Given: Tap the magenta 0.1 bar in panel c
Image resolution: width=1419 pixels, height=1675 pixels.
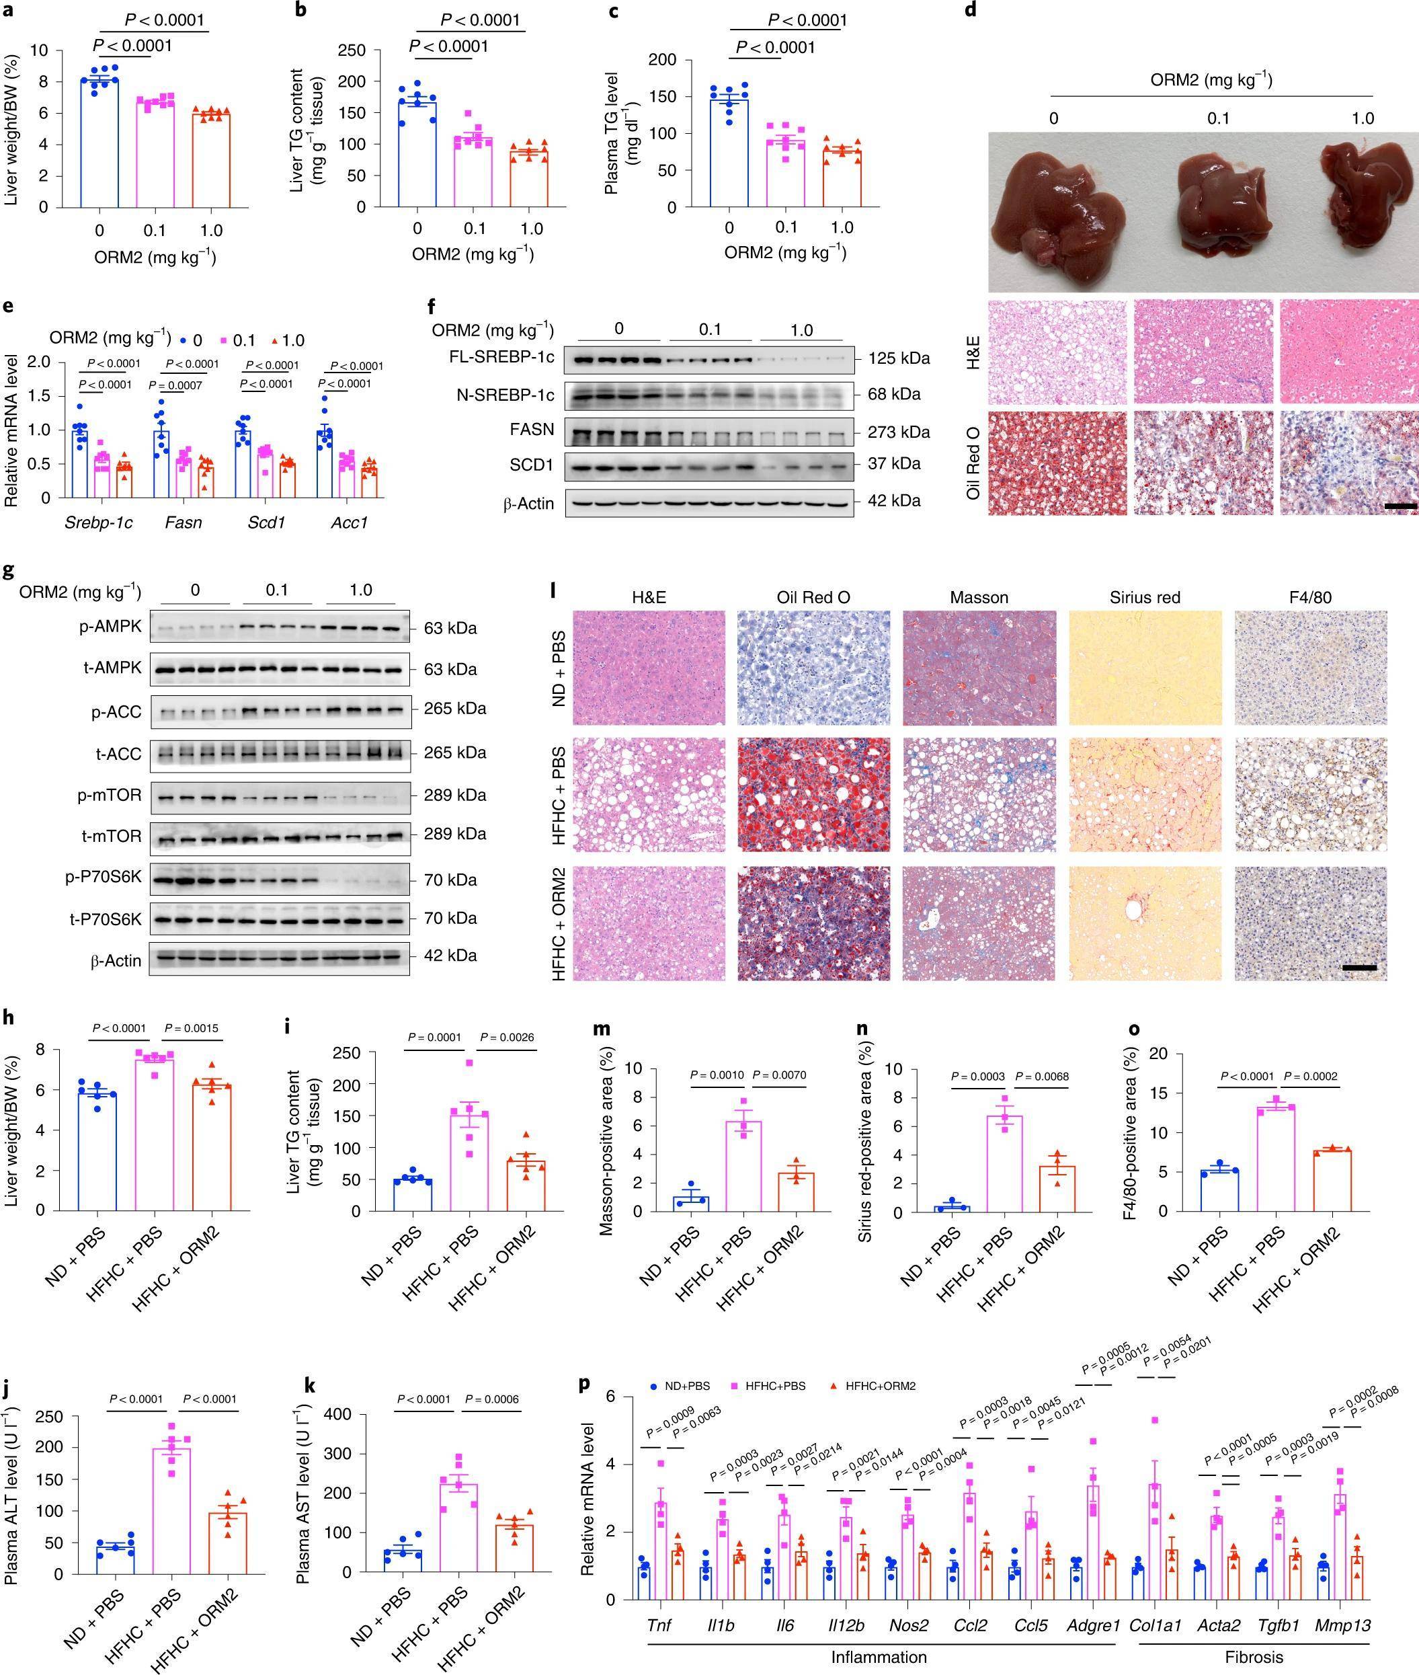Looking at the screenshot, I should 785,173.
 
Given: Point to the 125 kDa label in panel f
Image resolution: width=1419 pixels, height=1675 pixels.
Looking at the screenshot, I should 899,358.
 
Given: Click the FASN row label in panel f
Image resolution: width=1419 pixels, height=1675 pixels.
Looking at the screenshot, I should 532,430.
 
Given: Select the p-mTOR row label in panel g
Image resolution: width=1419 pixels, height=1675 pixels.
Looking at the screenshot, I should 110,795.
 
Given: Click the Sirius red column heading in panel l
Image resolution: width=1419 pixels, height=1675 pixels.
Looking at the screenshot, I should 1144,598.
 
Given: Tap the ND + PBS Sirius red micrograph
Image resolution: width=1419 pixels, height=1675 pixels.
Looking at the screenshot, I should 1144,668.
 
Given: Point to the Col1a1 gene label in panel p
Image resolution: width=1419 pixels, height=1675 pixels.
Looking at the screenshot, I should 1155,1625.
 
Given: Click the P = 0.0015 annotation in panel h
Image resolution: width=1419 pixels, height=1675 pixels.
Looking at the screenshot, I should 191,1027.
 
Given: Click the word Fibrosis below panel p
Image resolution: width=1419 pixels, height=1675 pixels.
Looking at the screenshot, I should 1253,1656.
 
